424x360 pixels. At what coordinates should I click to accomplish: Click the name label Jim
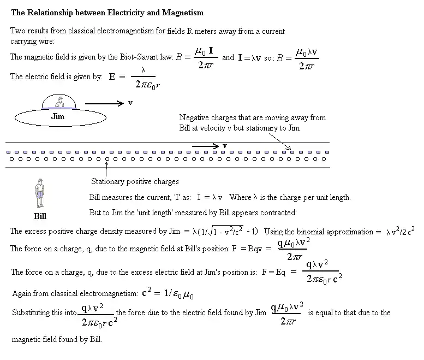click(x=57, y=116)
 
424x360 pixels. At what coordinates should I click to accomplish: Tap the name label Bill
click(x=40, y=216)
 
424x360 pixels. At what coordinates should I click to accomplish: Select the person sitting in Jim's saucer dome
click(x=61, y=102)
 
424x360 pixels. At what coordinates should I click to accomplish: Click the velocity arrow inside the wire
click(x=205, y=145)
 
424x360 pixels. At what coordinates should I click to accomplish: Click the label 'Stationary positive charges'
click(x=135, y=181)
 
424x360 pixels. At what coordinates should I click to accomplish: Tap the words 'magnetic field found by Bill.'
click(x=57, y=339)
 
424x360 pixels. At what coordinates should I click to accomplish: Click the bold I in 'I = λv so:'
click(x=240, y=57)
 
